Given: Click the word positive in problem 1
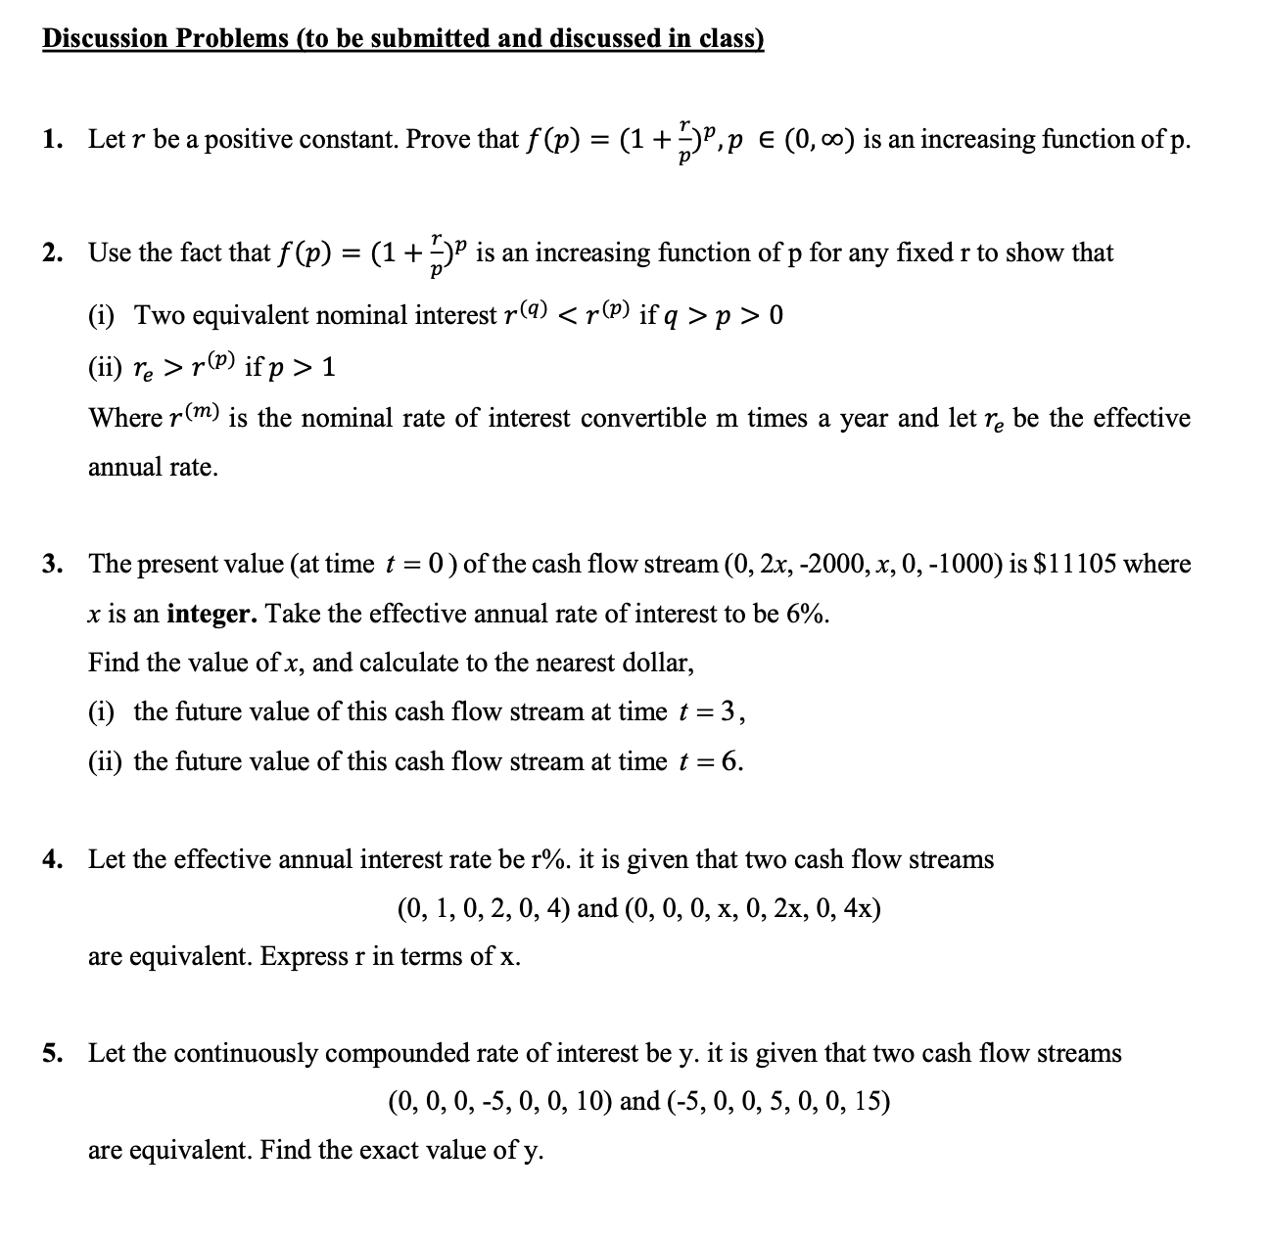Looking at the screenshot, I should point(249,140).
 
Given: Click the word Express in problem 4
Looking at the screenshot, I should point(307,956).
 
